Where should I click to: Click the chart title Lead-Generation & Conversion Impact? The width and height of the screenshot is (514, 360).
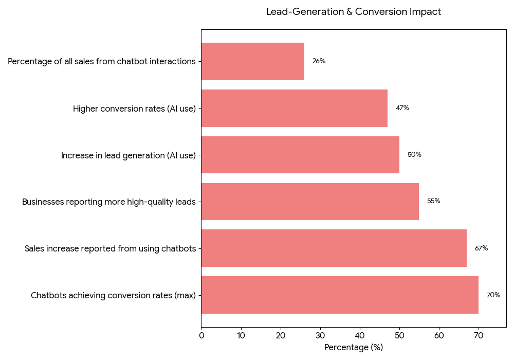pyautogui.click(x=353, y=12)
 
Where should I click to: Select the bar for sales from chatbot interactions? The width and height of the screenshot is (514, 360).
pyautogui.click(x=252, y=61)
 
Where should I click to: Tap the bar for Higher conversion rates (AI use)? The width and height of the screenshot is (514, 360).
pyautogui.click(x=294, y=108)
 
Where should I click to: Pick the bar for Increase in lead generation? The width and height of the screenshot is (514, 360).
pyautogui.click(x=300, y=155)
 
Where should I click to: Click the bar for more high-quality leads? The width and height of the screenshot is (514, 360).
pyautogui.click(x=310, y=202)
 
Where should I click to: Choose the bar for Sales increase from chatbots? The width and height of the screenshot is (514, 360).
pyautogui.click(x=334, y=248)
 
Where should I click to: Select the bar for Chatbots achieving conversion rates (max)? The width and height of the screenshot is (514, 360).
pyautogui.click(x=340, y=295)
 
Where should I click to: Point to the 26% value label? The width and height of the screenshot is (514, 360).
pyautogui.click(x=319, y=61)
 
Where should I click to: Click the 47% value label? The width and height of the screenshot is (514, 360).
pyautogui.click(x=402, y=108)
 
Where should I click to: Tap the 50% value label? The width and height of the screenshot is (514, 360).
pyautogui.click(x=414, y=155)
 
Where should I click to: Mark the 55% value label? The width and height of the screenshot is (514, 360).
pyautogui.click(x=433, y=201)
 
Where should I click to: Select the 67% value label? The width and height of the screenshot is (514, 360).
pyautogui.click(x=481, y=248)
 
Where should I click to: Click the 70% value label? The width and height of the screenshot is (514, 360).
pyautogui.click(x=493, y=295)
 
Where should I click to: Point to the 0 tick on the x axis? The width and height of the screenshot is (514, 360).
pyautogui.click(x=201, y=336)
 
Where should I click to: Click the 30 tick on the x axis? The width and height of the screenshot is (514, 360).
pyautogui.click(x=320, y=336)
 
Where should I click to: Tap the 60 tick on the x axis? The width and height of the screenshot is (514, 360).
pyautogui.click(x=439, y=336)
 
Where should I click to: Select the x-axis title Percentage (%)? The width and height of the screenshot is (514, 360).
pyautogui.click(x=353, y=348)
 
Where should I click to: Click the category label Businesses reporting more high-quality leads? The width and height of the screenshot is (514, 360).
pyautogui.click(x=109, y=202)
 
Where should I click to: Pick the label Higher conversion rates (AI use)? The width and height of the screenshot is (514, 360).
pyautogui.click(x=134, y=109)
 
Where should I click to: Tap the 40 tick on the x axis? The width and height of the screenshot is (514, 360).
pyautogui.click(x=360, y=336)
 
